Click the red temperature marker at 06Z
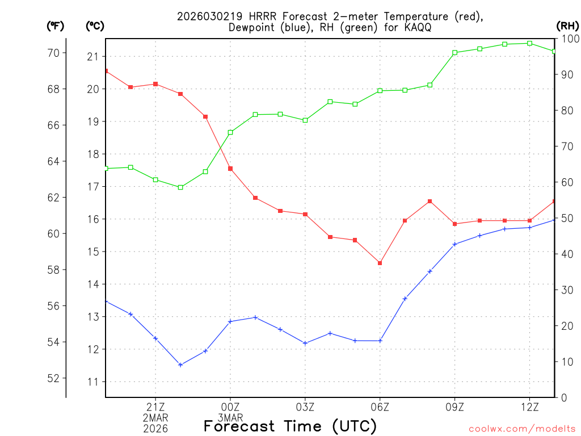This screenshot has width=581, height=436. click(x=380, y=263)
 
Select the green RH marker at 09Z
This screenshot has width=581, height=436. click(x=455, y=53)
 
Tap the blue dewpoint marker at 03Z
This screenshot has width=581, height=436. click(x=305, y=343)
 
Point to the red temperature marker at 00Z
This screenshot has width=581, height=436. click(x=230, y=169)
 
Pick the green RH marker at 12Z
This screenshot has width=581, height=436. click(x=530, y=43)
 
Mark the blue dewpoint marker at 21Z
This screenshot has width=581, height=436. click(x=155, y=338)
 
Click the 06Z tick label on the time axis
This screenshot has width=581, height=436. click(x=380, y=406)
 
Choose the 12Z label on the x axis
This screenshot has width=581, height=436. click(x=530, y=406)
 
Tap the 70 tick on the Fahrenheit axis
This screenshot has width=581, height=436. click(x=52, y=53)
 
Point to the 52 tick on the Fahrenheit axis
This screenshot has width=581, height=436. click(x=52, y=378)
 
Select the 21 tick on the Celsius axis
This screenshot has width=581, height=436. click(x=92, y=57)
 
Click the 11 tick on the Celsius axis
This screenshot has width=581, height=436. click(x=92, y=382)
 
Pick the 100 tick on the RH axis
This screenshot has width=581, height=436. click(x=569, y=39)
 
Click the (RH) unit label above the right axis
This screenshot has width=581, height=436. click(x=567, y=26)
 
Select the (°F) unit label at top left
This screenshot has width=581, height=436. click(x=55, y=26)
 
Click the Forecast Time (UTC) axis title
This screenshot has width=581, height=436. click(x=290, y=426)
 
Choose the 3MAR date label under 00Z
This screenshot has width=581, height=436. click(x=230, y=417)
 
